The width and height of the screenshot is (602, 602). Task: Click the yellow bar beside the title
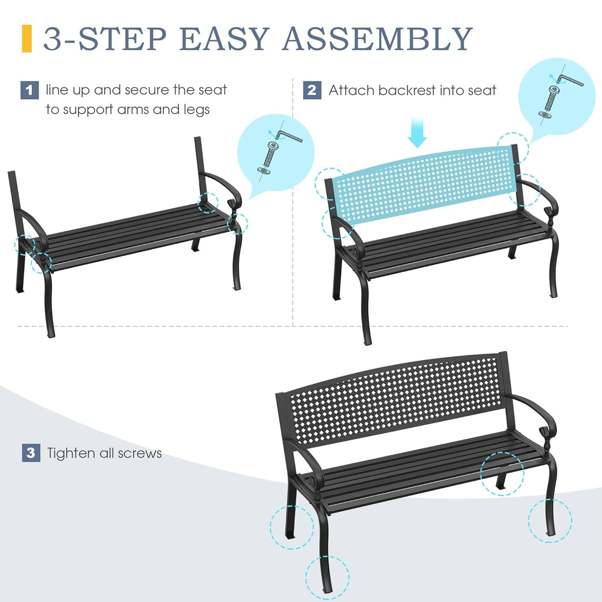(27, 39)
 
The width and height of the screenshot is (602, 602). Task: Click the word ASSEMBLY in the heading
(377, 39)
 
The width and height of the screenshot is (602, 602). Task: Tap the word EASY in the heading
(224, 39)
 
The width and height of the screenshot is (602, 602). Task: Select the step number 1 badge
(29, 90)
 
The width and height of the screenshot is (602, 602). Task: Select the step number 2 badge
(312, 90)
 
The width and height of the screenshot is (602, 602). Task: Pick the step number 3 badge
(31, 453)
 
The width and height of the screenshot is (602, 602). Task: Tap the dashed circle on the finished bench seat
(502, 473)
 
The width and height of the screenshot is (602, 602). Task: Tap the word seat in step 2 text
(482, 90)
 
